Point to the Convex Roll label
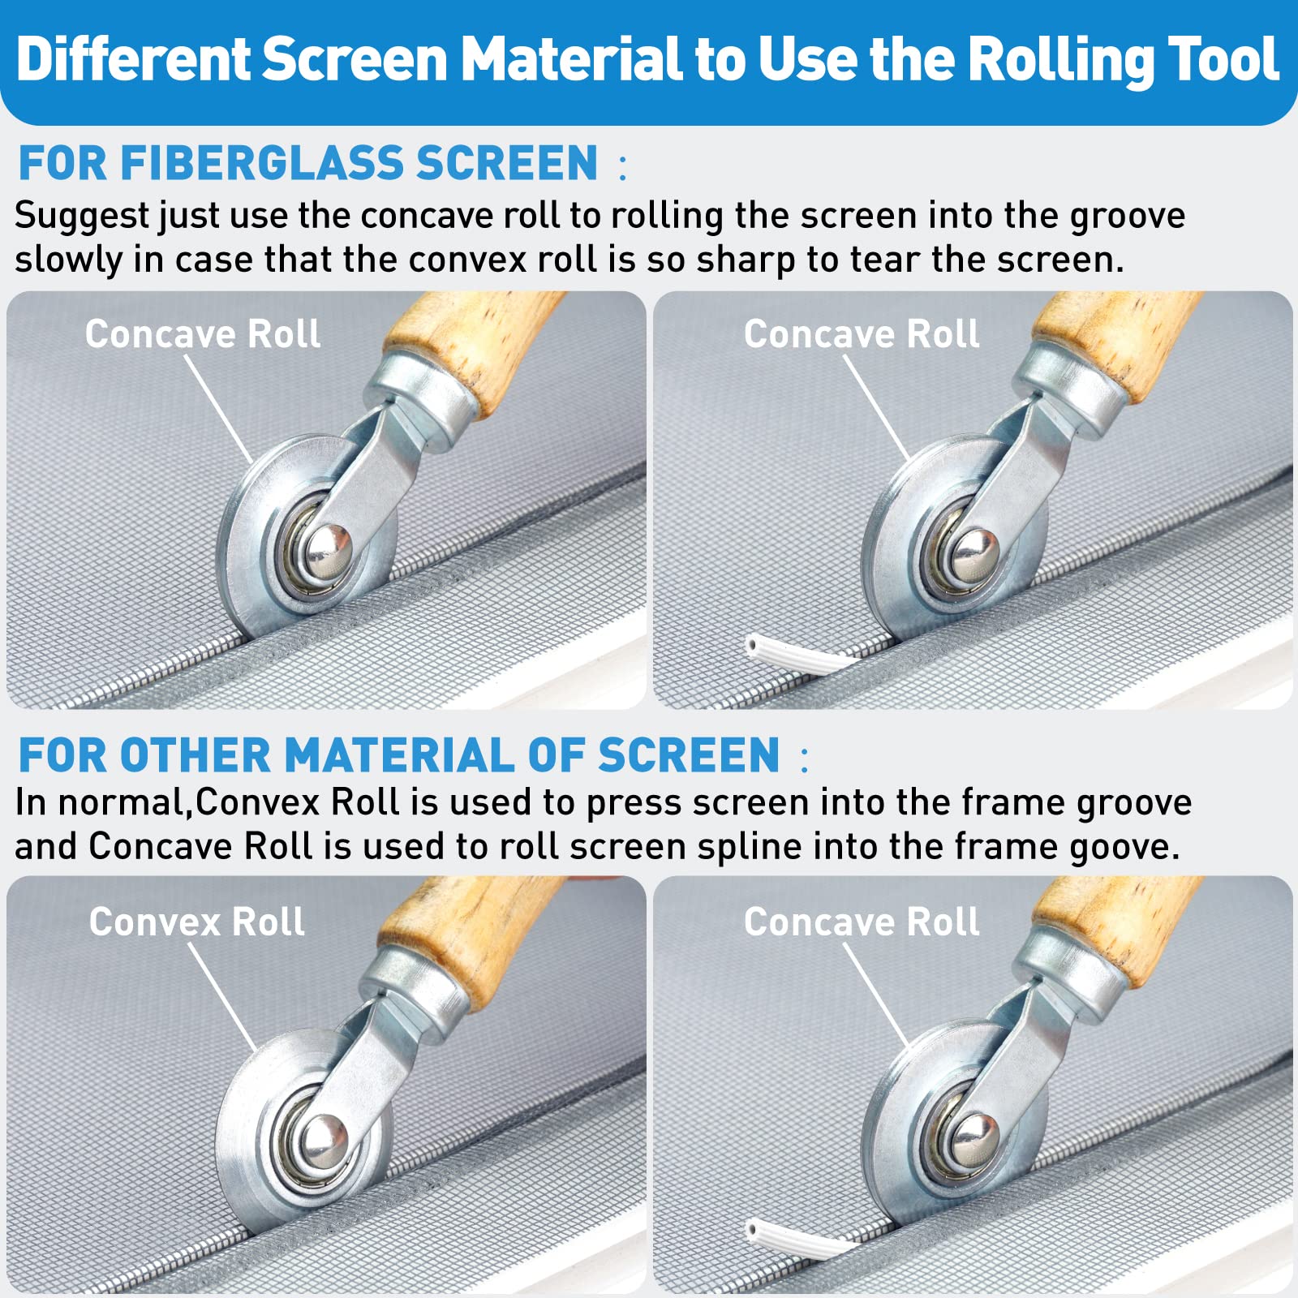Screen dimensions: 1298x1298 [x=196, y=922]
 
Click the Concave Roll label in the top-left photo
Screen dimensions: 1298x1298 [x=203, y=334]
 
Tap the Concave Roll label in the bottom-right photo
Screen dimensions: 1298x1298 [x=862, y=922]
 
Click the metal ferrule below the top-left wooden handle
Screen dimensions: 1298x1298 [x=430, y=398]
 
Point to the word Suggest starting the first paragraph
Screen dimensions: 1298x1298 [x=81, y=216]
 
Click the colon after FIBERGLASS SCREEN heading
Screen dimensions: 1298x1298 [x=622, y=166]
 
